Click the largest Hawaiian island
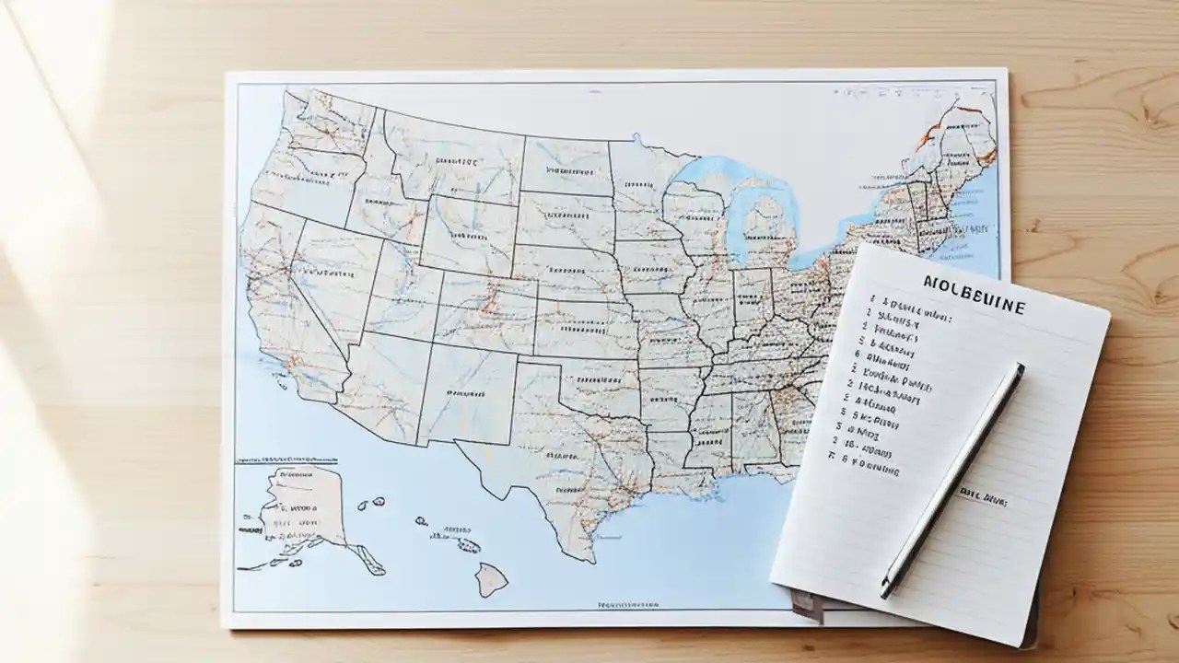pos(491,579)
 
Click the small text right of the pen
pos(982,499)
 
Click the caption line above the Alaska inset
pos(286,458)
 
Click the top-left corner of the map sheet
pos(227,75)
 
